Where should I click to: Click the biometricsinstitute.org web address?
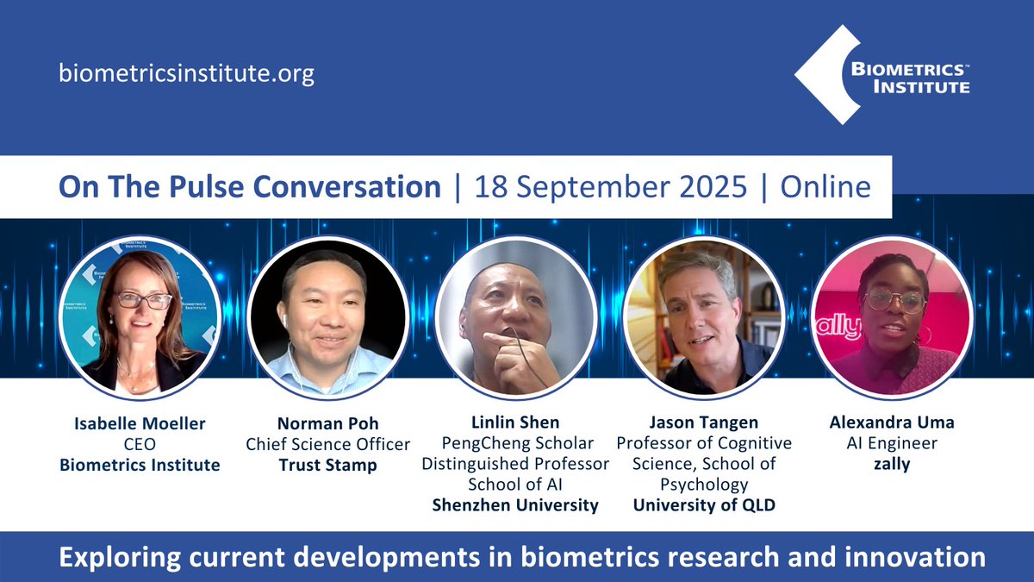click(x=186, y=72)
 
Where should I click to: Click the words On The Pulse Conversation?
click(x=249, y=186)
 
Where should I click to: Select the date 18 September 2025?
click(x=611, y=186)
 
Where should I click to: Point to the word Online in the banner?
click(x=825, y=186)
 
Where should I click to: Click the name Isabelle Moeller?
click(x=139, y=423)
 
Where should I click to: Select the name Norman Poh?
click(x=327, y=423)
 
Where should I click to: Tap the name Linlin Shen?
click(x=515, y=422)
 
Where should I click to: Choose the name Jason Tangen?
click(x=703, y=422)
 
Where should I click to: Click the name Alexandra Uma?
click(x=892, y=423)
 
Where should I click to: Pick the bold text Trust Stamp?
click(x=327, y=465)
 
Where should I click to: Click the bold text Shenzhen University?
click(x=515, y=505)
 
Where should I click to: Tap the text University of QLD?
click(x=703, y=505)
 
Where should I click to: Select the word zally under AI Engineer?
click(x=892, y=465)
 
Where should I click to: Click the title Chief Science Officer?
click(x=327, y=444)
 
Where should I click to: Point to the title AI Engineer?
click(x=892, y=444)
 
